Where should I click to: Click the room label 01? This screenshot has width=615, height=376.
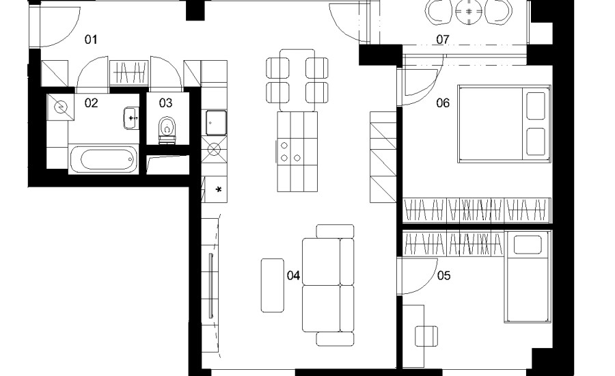tap(91, 39)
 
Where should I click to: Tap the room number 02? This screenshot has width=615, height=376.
tap(91, 103)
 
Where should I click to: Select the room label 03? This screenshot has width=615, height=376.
tap(165, 103)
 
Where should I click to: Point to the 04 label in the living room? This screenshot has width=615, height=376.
tap(293, 276)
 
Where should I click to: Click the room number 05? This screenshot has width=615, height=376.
tap(443, 276)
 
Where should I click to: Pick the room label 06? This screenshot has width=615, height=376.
tap(443, 103)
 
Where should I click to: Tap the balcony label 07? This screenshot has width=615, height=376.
tap(442, 39)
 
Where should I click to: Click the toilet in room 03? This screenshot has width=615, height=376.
tap(167, 129)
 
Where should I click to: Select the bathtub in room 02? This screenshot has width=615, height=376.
tap(104, 160)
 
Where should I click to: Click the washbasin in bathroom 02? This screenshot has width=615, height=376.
tap(131, 118)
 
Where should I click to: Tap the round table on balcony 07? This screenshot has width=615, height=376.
tap(469, 12)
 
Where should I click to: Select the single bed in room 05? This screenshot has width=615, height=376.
tap(528, 277)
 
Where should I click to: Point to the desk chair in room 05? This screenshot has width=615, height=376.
tap(426, 336)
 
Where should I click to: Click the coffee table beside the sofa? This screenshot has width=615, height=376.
tap(273, 285)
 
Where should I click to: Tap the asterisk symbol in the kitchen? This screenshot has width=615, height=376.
tap(219, 190)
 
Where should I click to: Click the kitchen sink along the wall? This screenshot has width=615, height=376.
tap(217, 123)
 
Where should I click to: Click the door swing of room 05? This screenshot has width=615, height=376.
tap(417, 276)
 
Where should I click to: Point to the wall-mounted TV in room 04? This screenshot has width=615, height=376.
tap(211, 286)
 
